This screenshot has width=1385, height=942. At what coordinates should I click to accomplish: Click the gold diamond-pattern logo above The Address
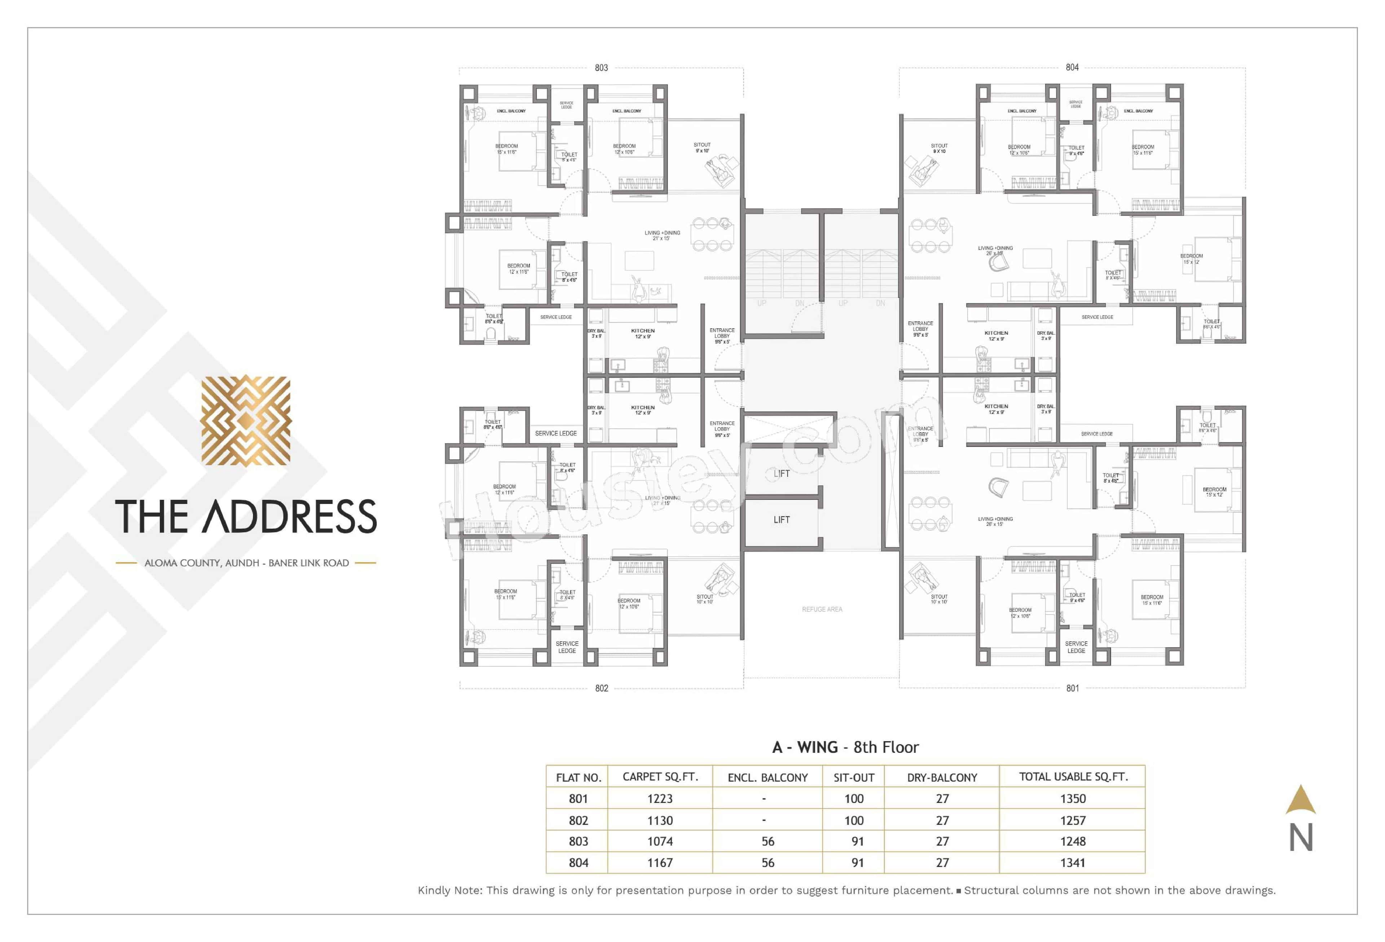(246, 420)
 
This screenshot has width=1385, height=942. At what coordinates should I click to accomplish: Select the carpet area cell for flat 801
(660, 798)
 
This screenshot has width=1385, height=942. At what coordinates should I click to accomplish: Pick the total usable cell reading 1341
(1072, 863)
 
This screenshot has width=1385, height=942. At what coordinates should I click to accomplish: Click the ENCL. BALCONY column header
(768, 777)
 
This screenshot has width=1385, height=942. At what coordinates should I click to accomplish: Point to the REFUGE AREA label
(822, 609)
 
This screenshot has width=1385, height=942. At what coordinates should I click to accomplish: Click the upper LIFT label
(781, 473)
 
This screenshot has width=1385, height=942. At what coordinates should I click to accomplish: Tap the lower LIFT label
(781, 520)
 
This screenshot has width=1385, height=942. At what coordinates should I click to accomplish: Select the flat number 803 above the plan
(601, 68)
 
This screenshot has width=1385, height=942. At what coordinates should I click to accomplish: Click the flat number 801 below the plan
(1072, 688)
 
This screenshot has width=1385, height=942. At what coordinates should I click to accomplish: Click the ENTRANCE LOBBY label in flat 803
(722, 336)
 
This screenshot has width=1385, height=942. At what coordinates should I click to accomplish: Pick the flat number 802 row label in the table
(578, 820)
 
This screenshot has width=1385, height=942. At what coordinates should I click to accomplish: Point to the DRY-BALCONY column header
(942, 777)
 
